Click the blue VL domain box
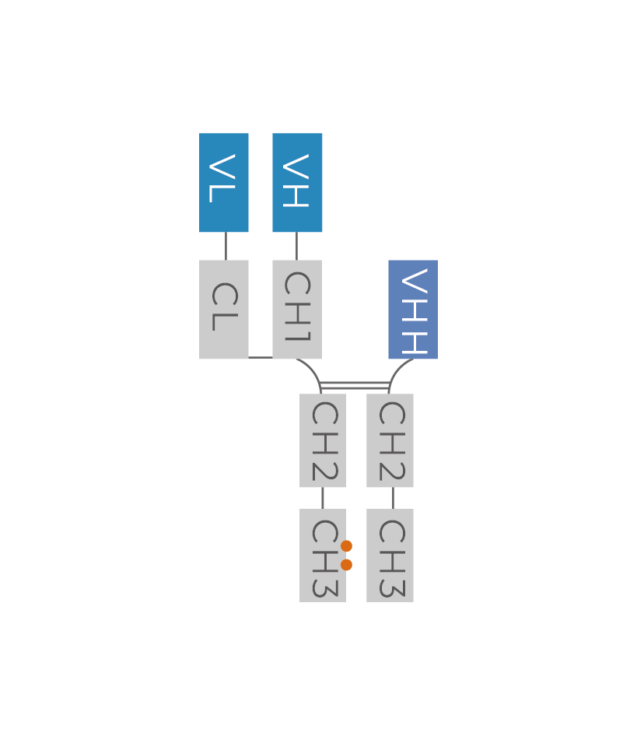(224, 182)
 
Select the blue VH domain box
(297, 182)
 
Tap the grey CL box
(224, 309)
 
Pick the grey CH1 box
(297, 309)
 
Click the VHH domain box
(413, 309)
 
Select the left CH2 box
(323, 440)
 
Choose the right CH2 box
(390, 440)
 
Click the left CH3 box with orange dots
(320, 556)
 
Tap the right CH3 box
(390, 556)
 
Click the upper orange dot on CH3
(346, 546)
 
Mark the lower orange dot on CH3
(346, 565)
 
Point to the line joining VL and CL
(226, 246)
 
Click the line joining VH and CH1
(296, 246)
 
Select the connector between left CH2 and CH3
(323, 498)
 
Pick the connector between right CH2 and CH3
(393, 498)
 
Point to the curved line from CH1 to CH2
(314, 370)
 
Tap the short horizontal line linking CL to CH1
(261, 358)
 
